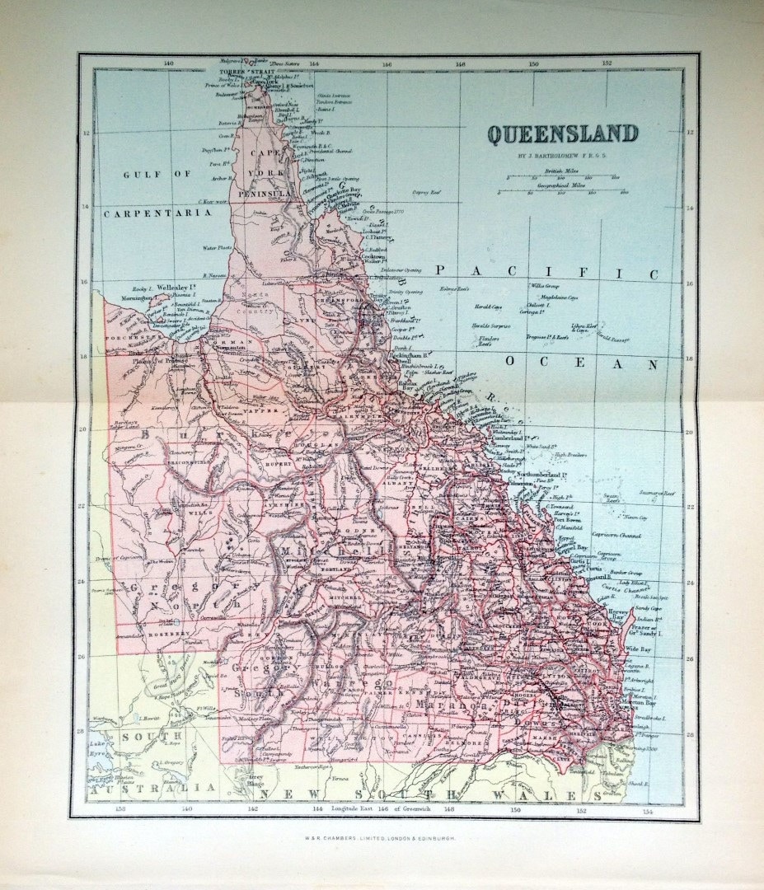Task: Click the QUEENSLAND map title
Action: coord(562,133)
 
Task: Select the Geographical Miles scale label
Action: coord(564,185)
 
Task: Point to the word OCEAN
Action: coord(582,363)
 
